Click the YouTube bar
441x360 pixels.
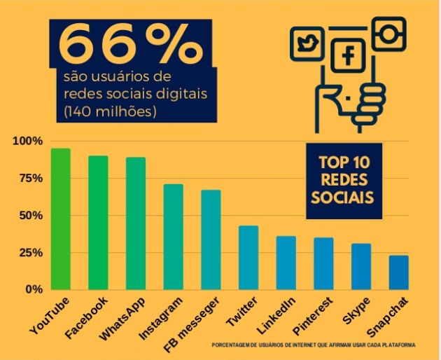tap(61, 219)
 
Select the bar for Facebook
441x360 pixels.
tap(98, 222)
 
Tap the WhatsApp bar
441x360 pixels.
tap(136, 223)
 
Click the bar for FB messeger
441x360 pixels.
tap(211, 240)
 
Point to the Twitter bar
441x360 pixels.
tap(248, 257)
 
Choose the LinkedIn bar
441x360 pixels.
tap(286, 263)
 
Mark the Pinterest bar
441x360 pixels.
tap(323, 263)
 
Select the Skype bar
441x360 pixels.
tap(361, 266)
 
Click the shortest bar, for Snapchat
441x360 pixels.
tap(398, 272)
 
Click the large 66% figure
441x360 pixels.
tap(129, 43)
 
